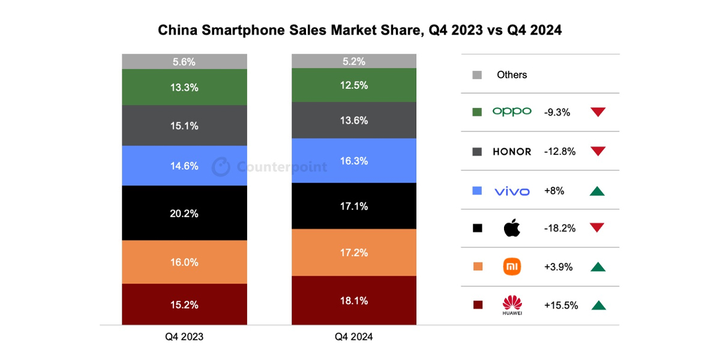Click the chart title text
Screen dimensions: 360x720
[359, 30]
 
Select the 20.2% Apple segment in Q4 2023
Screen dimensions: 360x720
[184, 213]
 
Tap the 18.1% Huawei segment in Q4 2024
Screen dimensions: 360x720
[353, 300]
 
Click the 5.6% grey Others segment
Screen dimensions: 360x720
[184, 61]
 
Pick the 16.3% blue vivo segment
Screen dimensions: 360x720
[353, 161]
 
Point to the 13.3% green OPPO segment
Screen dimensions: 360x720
[184, 87]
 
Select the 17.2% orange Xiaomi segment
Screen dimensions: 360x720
[353, 253]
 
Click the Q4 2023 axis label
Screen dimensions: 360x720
[184, 337]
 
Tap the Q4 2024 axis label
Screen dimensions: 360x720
[353, 337]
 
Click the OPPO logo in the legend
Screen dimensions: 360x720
[512, 112]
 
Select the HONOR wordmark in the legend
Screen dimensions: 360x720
[512, 152]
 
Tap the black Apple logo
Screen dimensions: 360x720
[512, 228]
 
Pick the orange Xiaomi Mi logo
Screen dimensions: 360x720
[512, 266]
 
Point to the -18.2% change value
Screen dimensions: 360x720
[560, 228]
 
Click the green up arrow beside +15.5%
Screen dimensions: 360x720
[598, 305]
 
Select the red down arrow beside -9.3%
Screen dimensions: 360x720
[598, 112]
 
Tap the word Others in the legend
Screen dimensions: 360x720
[512, 75]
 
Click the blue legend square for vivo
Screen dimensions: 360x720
[478, 191]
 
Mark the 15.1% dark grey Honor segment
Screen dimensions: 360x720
[184, 125]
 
